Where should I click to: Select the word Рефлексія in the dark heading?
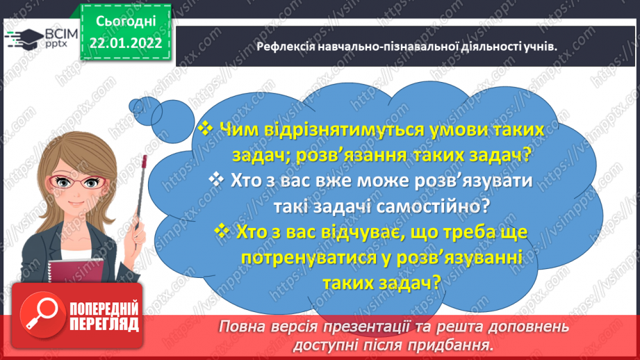284,47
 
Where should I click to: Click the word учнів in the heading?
541,47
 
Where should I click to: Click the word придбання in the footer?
459,344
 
